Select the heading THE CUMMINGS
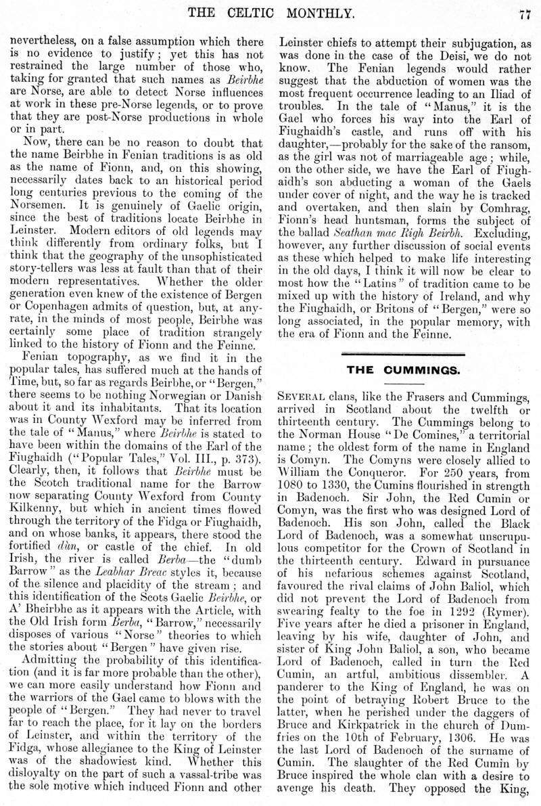pos(404,370)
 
